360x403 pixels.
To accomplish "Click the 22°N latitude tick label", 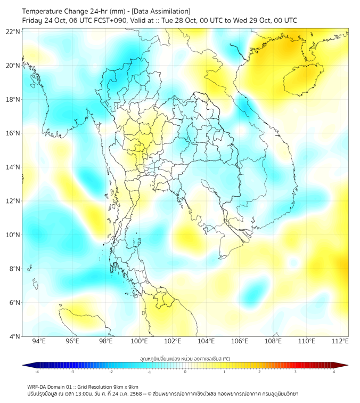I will point(13,32).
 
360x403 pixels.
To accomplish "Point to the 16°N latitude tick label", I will point(13,133).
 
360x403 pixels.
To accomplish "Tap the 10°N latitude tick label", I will point(13,235).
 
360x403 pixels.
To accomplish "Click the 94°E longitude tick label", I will point(39,341).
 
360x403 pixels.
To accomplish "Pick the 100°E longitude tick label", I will point(140,341).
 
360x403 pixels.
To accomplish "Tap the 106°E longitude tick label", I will point(240,341).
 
